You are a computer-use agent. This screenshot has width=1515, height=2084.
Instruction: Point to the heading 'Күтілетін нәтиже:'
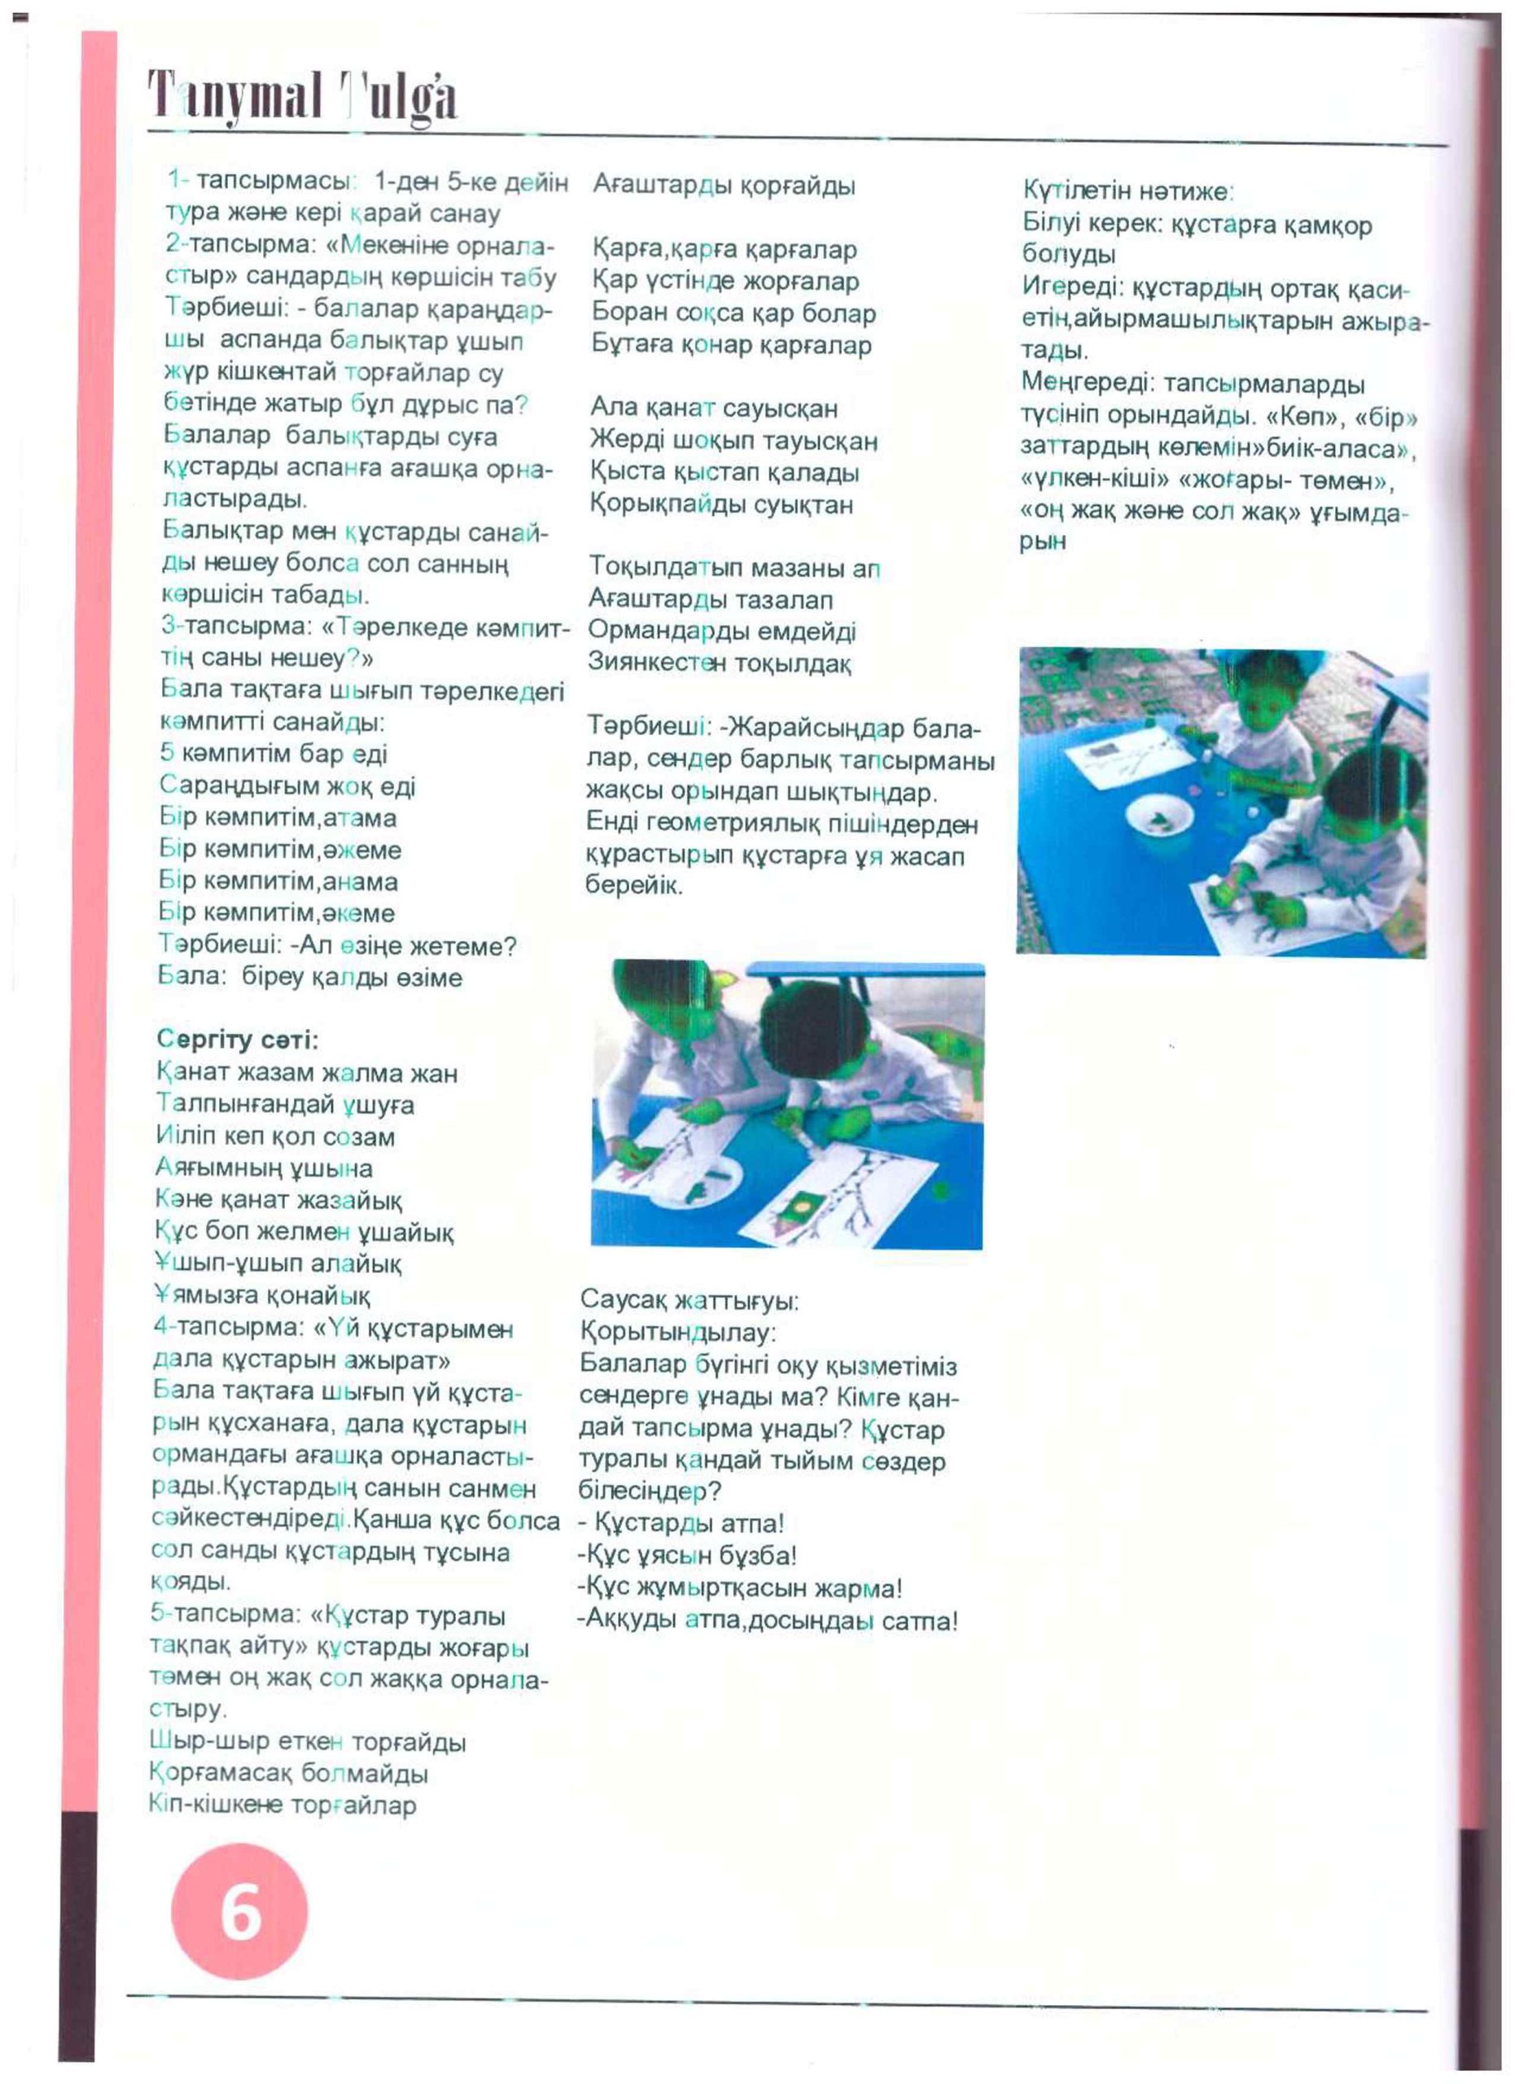coord(1128,191)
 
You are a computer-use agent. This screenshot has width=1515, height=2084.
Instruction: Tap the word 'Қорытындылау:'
coord(678,1333)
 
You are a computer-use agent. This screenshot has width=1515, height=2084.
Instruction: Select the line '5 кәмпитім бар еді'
coord(273,754)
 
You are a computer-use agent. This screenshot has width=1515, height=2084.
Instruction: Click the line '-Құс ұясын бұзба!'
coord(687,1556)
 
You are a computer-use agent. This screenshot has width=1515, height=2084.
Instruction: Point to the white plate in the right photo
coord(1159,817)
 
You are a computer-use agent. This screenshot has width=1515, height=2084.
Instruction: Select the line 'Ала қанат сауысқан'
coord(714,408)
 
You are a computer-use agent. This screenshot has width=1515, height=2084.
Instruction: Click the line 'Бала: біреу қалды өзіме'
coord(309,977)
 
